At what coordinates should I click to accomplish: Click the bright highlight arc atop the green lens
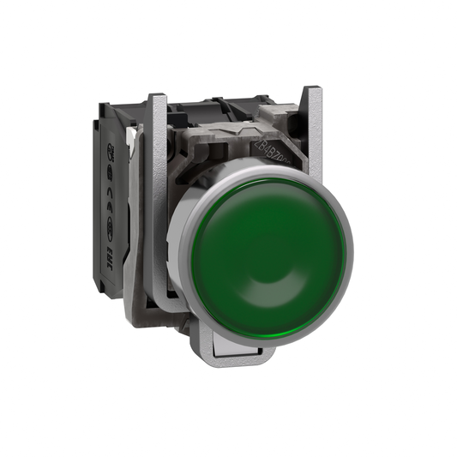pyautogui.click(x=257, y=184)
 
